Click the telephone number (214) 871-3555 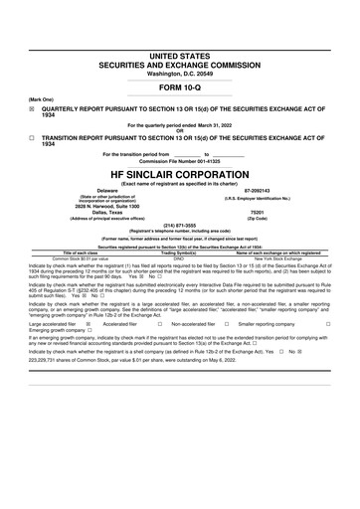click(x=180, y=225)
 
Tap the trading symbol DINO click(x=180, y=258)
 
